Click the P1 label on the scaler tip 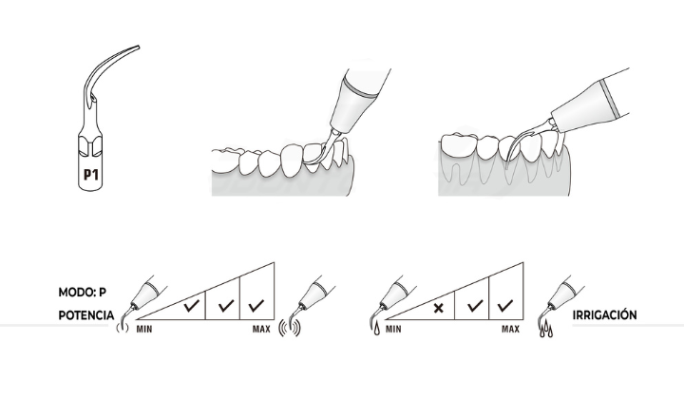point(91,175)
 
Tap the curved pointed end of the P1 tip point(138,47)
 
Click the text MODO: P point(83,293)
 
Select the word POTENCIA point(86,315)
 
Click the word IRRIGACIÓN point(604,314)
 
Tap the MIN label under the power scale point(144,330)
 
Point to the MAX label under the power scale point(261,330)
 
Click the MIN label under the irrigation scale point(393,330)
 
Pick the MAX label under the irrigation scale point(510,330)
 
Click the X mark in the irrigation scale point(438,309)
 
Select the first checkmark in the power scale point(192,305)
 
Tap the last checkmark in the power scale point(256,305)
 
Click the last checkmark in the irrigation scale point(505,305)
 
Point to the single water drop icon point(377,329)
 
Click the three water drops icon point(545,330)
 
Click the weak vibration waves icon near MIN point(123,328)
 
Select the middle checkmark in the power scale point(225,305)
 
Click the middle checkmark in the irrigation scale point(475,305)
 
